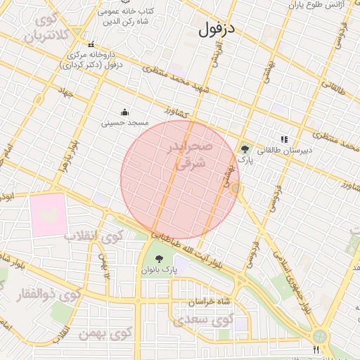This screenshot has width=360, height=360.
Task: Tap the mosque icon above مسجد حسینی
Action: tap(125, 111)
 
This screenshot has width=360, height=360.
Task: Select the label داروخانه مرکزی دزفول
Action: tap(95, 60)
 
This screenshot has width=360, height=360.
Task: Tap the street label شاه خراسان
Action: tap(210, 302)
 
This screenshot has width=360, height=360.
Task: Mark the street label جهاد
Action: tap(66, 93)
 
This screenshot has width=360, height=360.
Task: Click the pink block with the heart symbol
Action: tap(49, 214)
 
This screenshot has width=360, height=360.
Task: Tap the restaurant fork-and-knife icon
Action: tap(316, 349)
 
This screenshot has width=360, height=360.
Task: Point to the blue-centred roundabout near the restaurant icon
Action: tap(321, 337)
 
